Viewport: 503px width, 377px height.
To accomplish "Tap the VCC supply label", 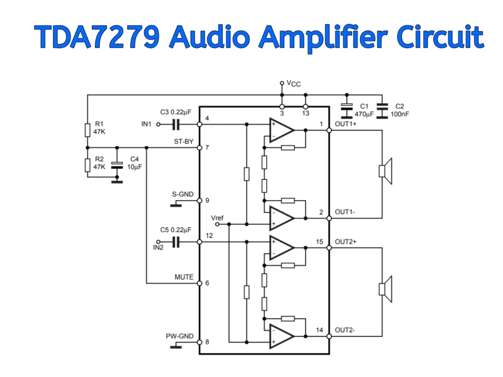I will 293,84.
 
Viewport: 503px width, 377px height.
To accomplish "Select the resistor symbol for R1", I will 87,130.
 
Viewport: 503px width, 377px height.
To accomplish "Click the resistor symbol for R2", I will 87,165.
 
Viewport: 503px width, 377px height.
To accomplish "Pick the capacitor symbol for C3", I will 176,125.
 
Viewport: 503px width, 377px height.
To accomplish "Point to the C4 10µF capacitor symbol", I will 116,165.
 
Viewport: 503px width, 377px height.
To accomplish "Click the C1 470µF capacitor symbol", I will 347,107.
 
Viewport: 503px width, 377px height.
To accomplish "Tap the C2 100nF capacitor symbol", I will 382,107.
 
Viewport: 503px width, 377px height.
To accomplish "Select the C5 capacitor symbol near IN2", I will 176,242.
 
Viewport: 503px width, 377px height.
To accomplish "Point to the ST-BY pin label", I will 184,142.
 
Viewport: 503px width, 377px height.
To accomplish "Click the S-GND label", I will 182,194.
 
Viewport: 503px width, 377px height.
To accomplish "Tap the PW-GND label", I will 179,337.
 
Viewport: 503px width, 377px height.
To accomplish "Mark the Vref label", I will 217,217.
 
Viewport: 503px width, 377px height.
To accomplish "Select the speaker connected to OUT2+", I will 386,289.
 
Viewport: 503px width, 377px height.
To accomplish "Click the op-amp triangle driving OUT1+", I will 280,130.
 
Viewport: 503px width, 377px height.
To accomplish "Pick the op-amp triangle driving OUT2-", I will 280,336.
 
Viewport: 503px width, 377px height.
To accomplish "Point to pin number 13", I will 306,113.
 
